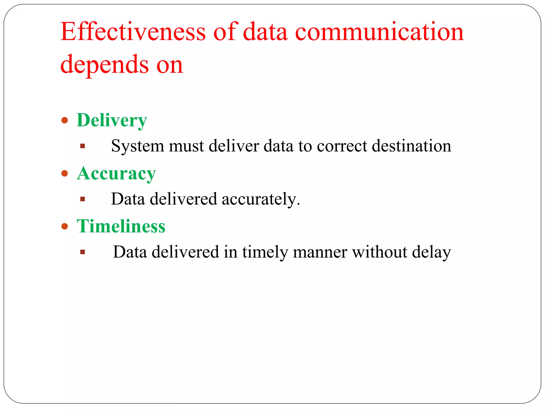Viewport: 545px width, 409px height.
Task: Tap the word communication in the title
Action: (x=380, y=32)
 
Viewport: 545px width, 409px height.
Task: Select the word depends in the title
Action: (x=104, y=64)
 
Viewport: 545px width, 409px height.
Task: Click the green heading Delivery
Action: (x=112, y=120)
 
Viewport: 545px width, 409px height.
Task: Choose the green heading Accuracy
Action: (x=116, y=174)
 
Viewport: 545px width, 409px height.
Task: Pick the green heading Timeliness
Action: (x=121, y=226)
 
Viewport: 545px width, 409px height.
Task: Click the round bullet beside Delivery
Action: (x=65, y=120)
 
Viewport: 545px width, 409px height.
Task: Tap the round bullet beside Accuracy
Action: (x=65, y=174)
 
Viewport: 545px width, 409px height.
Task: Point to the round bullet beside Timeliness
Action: (x=65, y=226)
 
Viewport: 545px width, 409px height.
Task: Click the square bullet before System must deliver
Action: (x=82, y=146)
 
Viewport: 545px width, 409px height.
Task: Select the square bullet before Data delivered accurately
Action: (x=82, y=199)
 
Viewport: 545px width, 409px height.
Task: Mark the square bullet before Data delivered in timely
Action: (x=82, y=252)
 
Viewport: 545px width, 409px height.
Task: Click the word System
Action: (x=137, y=146)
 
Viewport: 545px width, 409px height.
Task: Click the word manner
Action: (x=320, y=252)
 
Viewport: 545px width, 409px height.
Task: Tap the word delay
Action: (x=431, y=252)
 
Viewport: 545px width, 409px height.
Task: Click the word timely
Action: (x=265, y=252)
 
